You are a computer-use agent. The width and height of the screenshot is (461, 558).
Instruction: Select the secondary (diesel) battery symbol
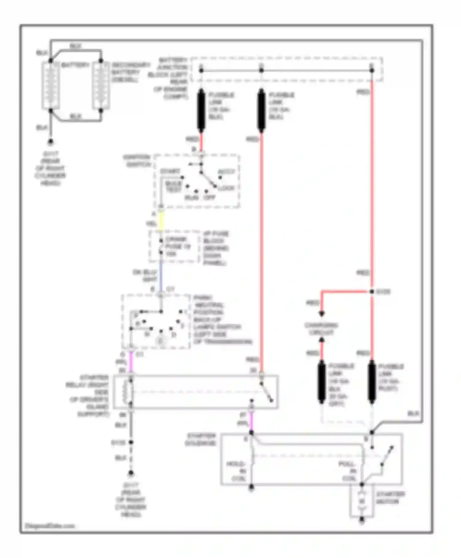pyautogui.click(x=101, y=86)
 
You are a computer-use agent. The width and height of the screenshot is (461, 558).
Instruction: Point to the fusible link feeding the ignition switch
pyautogui.click(x=201, y=110)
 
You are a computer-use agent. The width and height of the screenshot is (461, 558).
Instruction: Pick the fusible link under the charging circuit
pyautogui.click(x=321, y=381)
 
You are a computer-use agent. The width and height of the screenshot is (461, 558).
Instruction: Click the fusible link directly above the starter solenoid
pyautogui.click(x=372, y=381)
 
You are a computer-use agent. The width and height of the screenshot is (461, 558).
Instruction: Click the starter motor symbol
pyautogui.click(x=362, y=501)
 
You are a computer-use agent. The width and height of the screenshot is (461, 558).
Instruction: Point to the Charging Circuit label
pyautogui.click(x=321, y=329)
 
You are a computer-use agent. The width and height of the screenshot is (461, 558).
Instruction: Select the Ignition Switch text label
pyautogui.click(x=137, y=161)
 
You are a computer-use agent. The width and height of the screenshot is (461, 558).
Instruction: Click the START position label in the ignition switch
pyautogui.click(x=170, y=171)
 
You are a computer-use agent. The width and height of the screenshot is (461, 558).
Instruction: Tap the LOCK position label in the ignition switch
pyautogui.click(x=227, y=188)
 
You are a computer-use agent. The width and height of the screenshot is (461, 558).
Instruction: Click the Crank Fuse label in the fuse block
pyautogui.click(x=178, y=246)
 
